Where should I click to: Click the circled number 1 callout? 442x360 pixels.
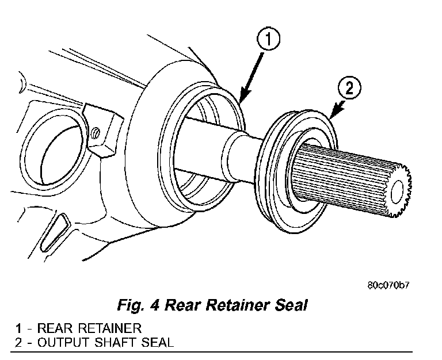tap(269, 40)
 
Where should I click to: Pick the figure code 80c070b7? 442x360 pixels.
tap(391, 284)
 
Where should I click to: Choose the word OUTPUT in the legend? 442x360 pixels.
tap(57, 343)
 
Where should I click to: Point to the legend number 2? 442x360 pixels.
tap(18, 343)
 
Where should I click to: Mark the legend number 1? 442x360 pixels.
tap(18, 328)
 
